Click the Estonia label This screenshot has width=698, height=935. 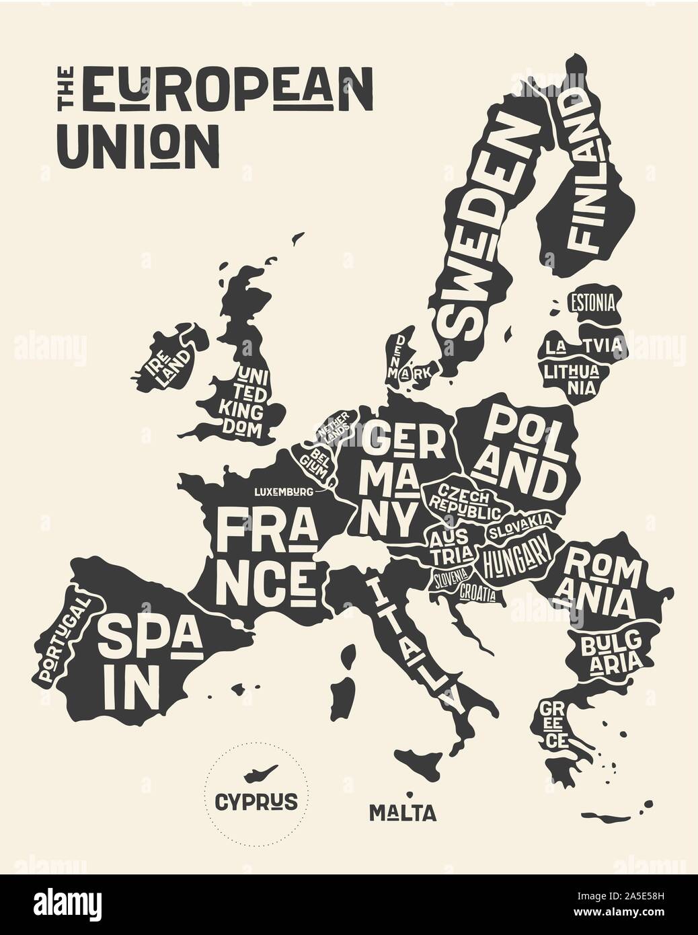pyautogui.click(x=592, y=302)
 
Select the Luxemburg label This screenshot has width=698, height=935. pyautogui.click(x=283, y=492)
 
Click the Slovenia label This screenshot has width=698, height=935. pyautogui.click(x=450, y=578)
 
